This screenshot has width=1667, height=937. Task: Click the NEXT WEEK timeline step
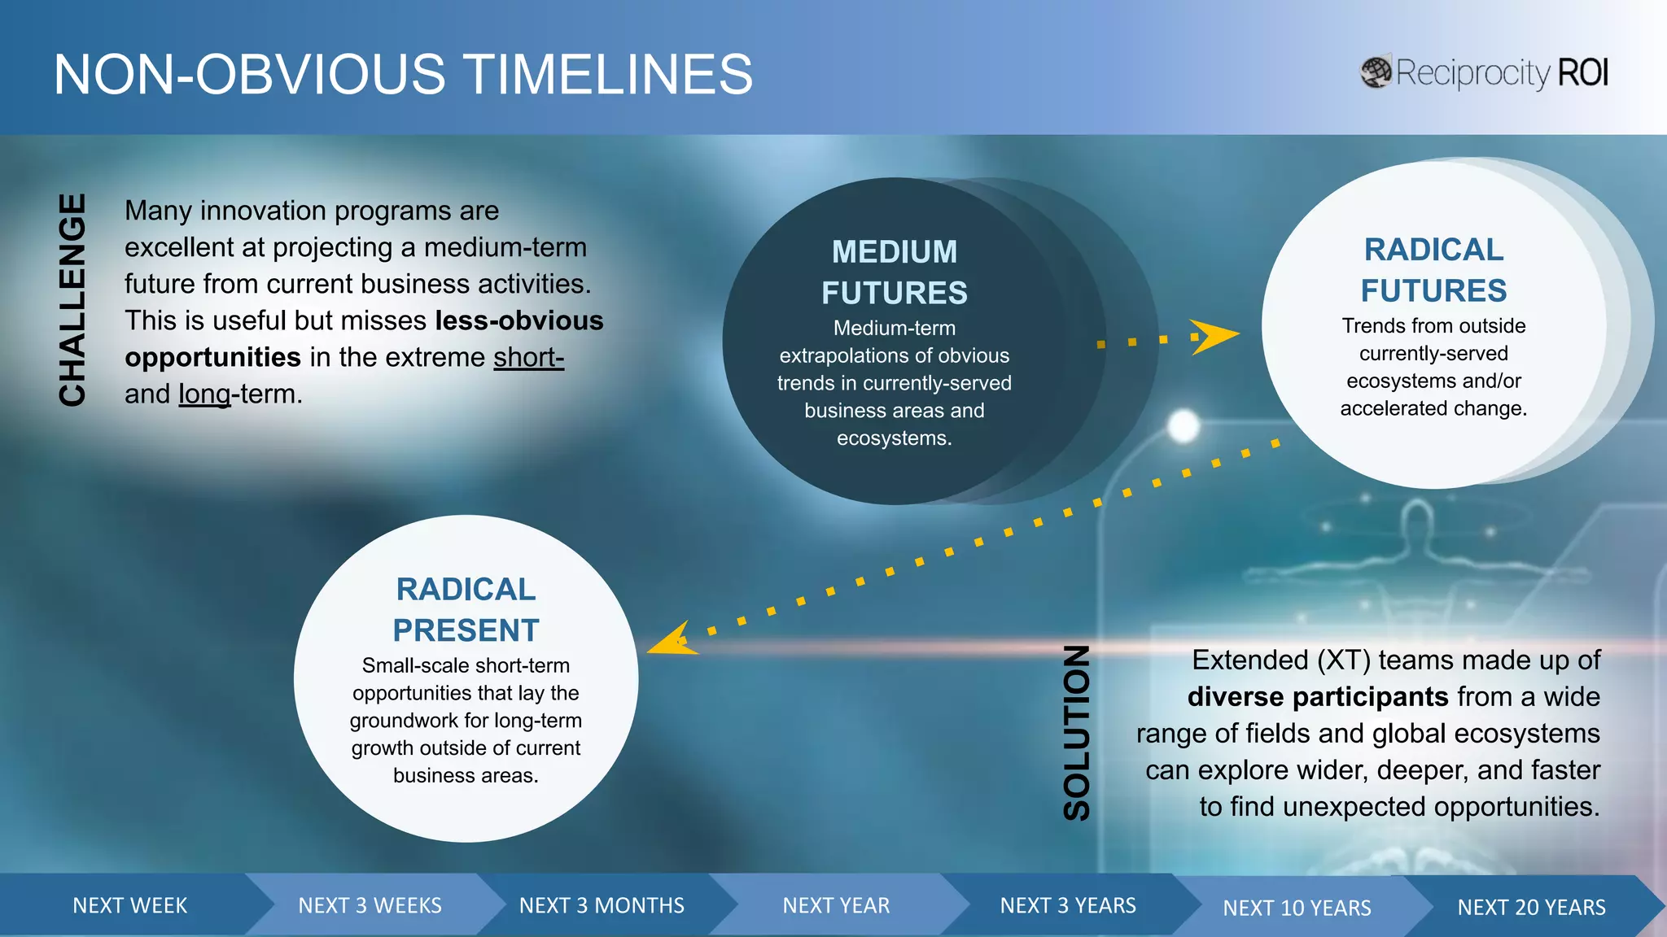(x=129, y=905)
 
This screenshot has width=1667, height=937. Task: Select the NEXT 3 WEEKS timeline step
(x=370, y=905)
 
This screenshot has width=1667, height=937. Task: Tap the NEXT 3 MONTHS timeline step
(x=602, y=905)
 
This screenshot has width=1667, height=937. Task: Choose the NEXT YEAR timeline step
(x=836, y=905)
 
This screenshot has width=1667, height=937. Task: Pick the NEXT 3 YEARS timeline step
(x=1068, y=905)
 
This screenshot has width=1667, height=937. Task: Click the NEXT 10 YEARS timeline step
(x=1297, y=908)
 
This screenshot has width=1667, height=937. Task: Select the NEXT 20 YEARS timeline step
(x=1531, y=907)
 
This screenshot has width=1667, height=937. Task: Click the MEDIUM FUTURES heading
(x=894, y=272)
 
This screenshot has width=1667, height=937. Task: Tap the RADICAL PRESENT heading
(x=466, y=609)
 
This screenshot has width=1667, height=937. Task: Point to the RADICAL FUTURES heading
(x=1433, y=270)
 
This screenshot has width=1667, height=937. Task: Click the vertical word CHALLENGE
(x=72, y=299)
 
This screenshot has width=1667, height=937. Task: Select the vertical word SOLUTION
(x=1076, y=733)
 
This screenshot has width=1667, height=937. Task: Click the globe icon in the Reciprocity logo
(x=1376, y=72)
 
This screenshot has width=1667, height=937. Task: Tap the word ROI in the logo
(x=1582, y=73)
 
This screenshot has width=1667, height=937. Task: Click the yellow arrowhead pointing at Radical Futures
(x=1214, y=336)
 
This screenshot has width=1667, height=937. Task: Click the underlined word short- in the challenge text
(x=528, y=357)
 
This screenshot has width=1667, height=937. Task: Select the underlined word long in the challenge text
(x=204, y=394)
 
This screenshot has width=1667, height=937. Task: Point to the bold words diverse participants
(x=1318, y=697)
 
